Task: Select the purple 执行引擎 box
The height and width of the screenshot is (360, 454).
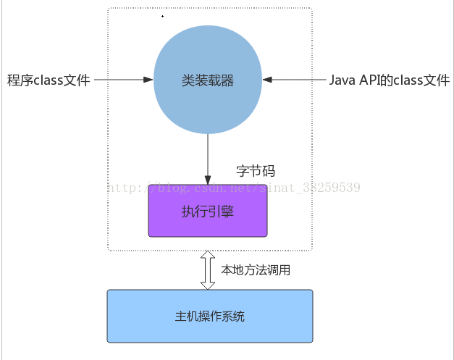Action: point(208,212)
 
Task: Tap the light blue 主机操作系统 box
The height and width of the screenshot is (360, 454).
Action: point(210,317)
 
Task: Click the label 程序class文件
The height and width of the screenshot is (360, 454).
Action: point(49,80)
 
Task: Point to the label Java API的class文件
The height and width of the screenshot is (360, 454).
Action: point(389,80)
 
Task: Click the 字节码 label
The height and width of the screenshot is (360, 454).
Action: point(256,172)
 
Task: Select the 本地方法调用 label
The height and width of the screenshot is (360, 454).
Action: point(256,270)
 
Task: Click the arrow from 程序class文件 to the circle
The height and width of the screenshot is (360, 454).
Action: point(123,80)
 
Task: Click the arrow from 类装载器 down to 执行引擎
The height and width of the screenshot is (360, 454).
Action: point(208,159)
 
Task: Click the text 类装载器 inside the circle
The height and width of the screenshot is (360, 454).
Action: point(208,80)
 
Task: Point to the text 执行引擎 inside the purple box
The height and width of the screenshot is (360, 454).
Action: point(208,212)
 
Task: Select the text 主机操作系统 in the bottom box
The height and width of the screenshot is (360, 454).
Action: point(210,317)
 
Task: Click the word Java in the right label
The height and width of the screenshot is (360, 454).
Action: point(342,80)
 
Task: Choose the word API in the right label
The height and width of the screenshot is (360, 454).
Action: point(369,80)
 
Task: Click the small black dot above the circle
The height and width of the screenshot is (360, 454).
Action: point(162,16)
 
